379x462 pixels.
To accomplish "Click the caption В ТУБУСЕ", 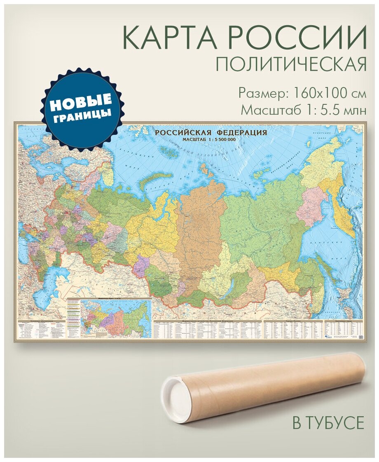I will (x=328, y=423).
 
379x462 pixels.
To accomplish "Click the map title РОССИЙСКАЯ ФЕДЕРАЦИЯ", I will (x=211, y=132).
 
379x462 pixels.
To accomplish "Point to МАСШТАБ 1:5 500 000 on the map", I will (x=208, y=139).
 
